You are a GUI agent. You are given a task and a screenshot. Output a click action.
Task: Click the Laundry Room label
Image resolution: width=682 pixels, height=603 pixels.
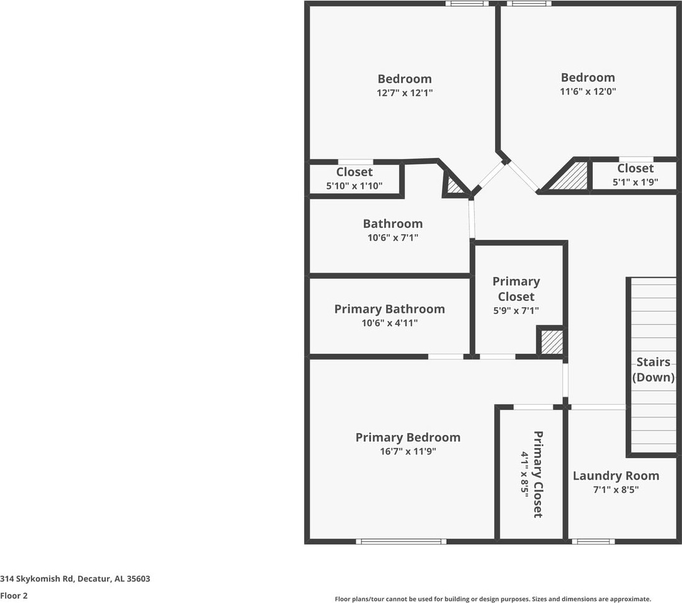[x=615, y=476]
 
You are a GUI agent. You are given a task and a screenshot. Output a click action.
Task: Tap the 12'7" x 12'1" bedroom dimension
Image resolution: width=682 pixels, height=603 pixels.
[x=404, y=93]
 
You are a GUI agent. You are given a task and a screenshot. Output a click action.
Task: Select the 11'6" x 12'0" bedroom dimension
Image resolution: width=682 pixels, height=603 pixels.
[x=588, y=91]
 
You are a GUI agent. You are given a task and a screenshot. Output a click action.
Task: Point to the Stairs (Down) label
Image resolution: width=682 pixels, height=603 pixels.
[x=653, y=369]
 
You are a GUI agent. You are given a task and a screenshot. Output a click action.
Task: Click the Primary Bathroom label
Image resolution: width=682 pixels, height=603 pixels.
[x=389, y=309]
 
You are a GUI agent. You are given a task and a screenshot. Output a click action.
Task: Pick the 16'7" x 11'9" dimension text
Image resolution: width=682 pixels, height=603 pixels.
[x=407, y=451]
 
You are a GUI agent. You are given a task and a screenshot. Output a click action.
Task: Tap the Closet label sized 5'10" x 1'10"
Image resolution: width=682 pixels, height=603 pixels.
[x=354, y=172]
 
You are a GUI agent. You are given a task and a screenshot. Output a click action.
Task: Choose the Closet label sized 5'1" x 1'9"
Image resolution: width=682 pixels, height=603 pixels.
[x=635, y=168]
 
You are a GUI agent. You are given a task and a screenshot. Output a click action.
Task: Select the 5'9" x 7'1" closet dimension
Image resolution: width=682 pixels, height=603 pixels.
[x=516, y=310]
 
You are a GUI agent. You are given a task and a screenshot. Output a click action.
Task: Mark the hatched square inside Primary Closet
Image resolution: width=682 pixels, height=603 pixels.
[x=552, y=342]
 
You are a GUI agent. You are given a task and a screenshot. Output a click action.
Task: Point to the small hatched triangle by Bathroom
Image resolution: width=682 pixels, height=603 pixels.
[x=455, y=186]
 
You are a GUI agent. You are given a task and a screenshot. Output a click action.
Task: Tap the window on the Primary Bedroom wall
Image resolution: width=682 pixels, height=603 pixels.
[x=401, y=541]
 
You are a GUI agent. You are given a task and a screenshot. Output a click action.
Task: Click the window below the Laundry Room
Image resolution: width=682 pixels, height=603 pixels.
[x=593, y=541]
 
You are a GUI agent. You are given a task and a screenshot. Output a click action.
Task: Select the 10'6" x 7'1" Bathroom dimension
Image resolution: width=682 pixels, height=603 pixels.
[x=392, y=237]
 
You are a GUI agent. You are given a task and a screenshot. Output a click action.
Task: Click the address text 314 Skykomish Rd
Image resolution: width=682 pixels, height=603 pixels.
[x=75, y=578]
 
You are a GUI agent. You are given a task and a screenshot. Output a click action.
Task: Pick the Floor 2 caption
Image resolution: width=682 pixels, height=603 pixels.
[x=14, y=595]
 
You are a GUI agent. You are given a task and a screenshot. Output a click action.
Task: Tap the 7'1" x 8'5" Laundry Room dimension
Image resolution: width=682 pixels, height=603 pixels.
[x=615, y=490]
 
